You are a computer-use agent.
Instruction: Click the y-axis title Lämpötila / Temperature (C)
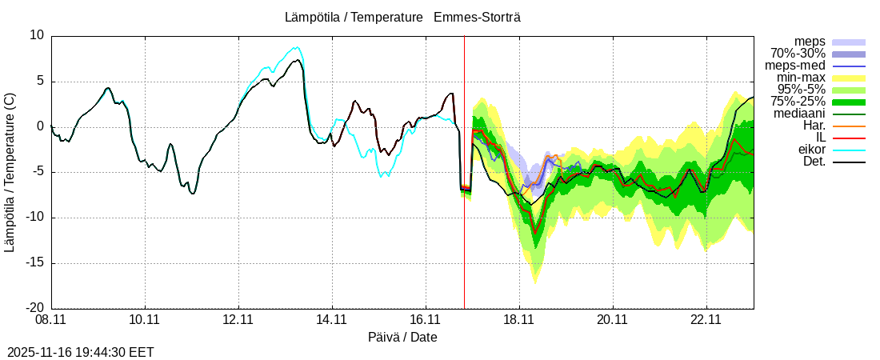pyautogui.click(x=10, y=172)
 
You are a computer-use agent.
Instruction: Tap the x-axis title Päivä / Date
pyautogui.click(x=402, y=337)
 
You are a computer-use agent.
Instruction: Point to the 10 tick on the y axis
pyautogui.click(x=37, y=35)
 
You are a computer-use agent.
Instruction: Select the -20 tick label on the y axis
pyautogui.click(x=34, y=308)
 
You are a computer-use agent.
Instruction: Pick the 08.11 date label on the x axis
pyautogui.click(x=51, y=321)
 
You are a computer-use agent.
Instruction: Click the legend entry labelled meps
pyautogui.click(x=810, y=42)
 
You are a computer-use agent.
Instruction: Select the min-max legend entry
pyautogui.click(x=801, y=78)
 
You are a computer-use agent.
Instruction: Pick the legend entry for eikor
pyautogui.click(x=812, y=150)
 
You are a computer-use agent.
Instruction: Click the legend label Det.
pyautogui.click(x=814, y=162)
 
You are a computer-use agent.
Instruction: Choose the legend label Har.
pyautogui.click(x=814, y=126)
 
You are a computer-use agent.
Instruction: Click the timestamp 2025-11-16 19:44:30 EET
pyautogui.click(x=81, y=352)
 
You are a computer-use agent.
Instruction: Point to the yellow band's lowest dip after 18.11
pyautogui.click(x=535, y=283)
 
